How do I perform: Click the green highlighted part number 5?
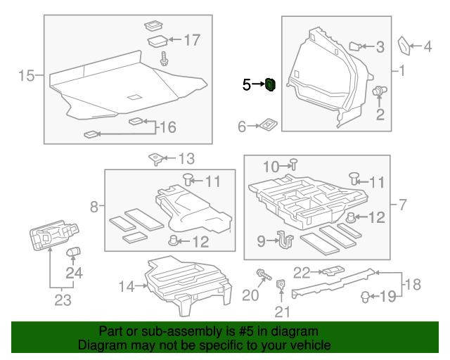tap(270, 85)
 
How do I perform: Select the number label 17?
tap(192, 40)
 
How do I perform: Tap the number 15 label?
tap(26, 75)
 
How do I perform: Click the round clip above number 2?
tap(380, 91)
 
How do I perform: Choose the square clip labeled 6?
tap(269, 125)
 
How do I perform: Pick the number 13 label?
tap(186, 159)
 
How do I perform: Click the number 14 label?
tap(126, 286)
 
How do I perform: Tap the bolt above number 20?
tap(263, 274)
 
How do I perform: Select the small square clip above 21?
tap(281, 285)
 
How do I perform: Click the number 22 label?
tap(302, 272)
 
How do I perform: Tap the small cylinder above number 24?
tap(72, 251)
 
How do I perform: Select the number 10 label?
tap(271, 167)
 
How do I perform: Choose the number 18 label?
tap(413, 284)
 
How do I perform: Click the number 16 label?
tap(167, 127)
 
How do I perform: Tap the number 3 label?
tap(380, 47)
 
